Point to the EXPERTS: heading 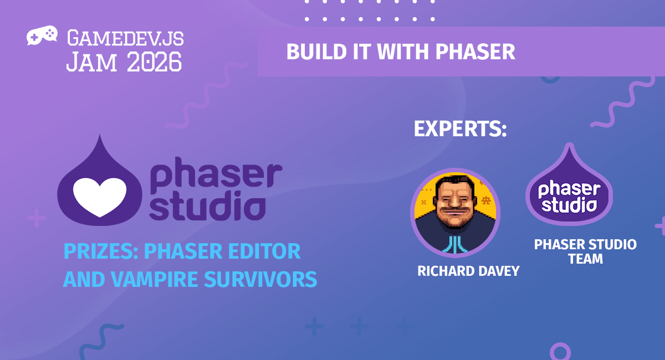coord(461,129)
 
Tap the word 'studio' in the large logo coord(207,207)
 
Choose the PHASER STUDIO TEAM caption coord(585,251)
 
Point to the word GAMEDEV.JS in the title coord(125,38)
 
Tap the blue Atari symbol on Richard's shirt coord(454,243)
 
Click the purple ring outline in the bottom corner coord(560,352)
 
